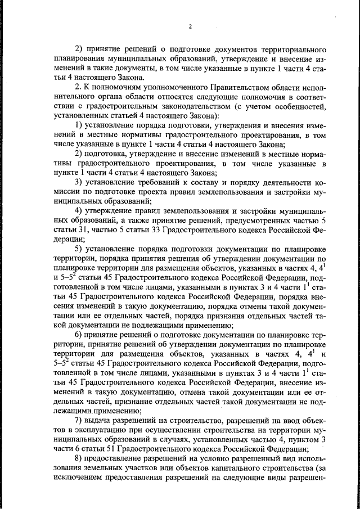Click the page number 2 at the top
tap(190, 26)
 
